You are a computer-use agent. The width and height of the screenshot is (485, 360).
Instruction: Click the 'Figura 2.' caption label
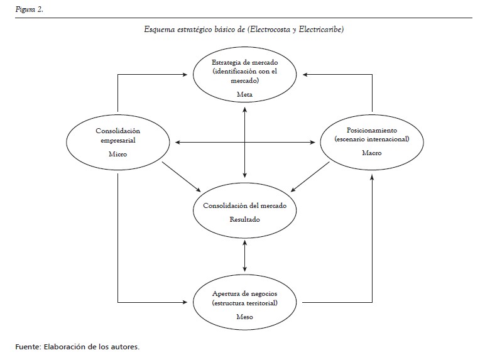(x=29, y=10)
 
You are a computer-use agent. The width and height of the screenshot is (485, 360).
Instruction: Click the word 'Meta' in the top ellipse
(x=244, y=94)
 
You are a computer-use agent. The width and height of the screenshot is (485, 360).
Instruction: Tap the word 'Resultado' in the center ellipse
(x=244, y=219)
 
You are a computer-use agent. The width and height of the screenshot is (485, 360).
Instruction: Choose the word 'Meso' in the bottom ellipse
(x=244, y=317)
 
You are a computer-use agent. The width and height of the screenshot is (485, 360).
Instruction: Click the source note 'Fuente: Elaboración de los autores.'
(x=77, y=346)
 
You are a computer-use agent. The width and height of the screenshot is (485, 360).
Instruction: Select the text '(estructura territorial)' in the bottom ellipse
(x=244, y=303)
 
